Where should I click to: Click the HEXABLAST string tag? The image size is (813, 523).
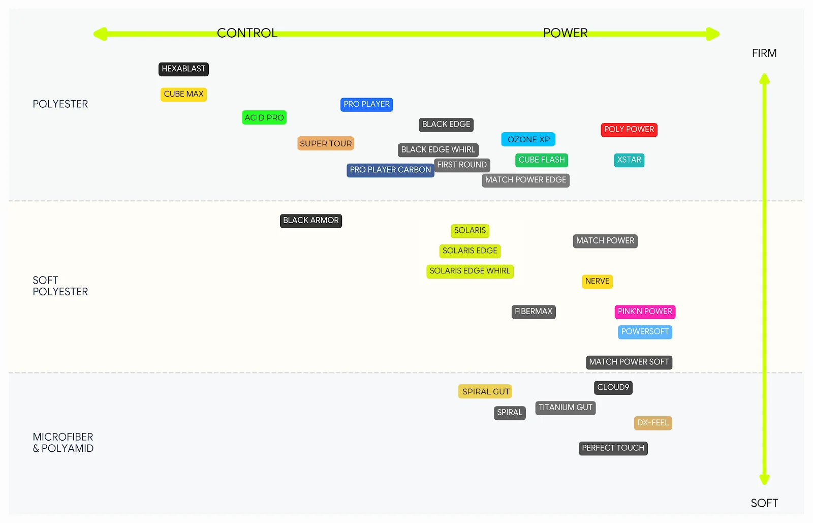point(183,69)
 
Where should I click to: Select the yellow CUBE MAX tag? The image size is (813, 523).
point(183,95)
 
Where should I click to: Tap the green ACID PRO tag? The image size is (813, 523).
point(264,117)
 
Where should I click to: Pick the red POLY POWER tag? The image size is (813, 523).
point(629,130)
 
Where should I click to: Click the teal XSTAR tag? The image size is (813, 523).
point(629,160)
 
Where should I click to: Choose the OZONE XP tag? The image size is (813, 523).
point(528,139)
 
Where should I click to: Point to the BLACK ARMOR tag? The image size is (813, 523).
point(310,221)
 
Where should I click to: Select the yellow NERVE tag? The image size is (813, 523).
point(597,281)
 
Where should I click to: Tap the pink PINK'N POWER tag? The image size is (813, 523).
point(645,312)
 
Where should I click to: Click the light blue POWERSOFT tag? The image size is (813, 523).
point(645,332)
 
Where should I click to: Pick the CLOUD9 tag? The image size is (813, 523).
point(613,388)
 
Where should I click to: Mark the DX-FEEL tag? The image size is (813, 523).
point(653,423)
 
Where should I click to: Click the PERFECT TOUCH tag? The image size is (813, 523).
point(613,448)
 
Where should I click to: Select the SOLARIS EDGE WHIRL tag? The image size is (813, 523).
point(470,271)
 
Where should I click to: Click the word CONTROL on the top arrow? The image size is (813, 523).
point(247,33)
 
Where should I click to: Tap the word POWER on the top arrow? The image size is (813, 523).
point(565,33)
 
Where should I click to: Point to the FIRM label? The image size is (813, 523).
point(764,53)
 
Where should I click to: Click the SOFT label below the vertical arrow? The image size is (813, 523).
point(764,503)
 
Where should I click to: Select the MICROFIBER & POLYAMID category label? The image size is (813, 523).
point(63,442)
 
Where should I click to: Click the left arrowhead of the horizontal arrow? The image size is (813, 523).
point(100,34)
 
